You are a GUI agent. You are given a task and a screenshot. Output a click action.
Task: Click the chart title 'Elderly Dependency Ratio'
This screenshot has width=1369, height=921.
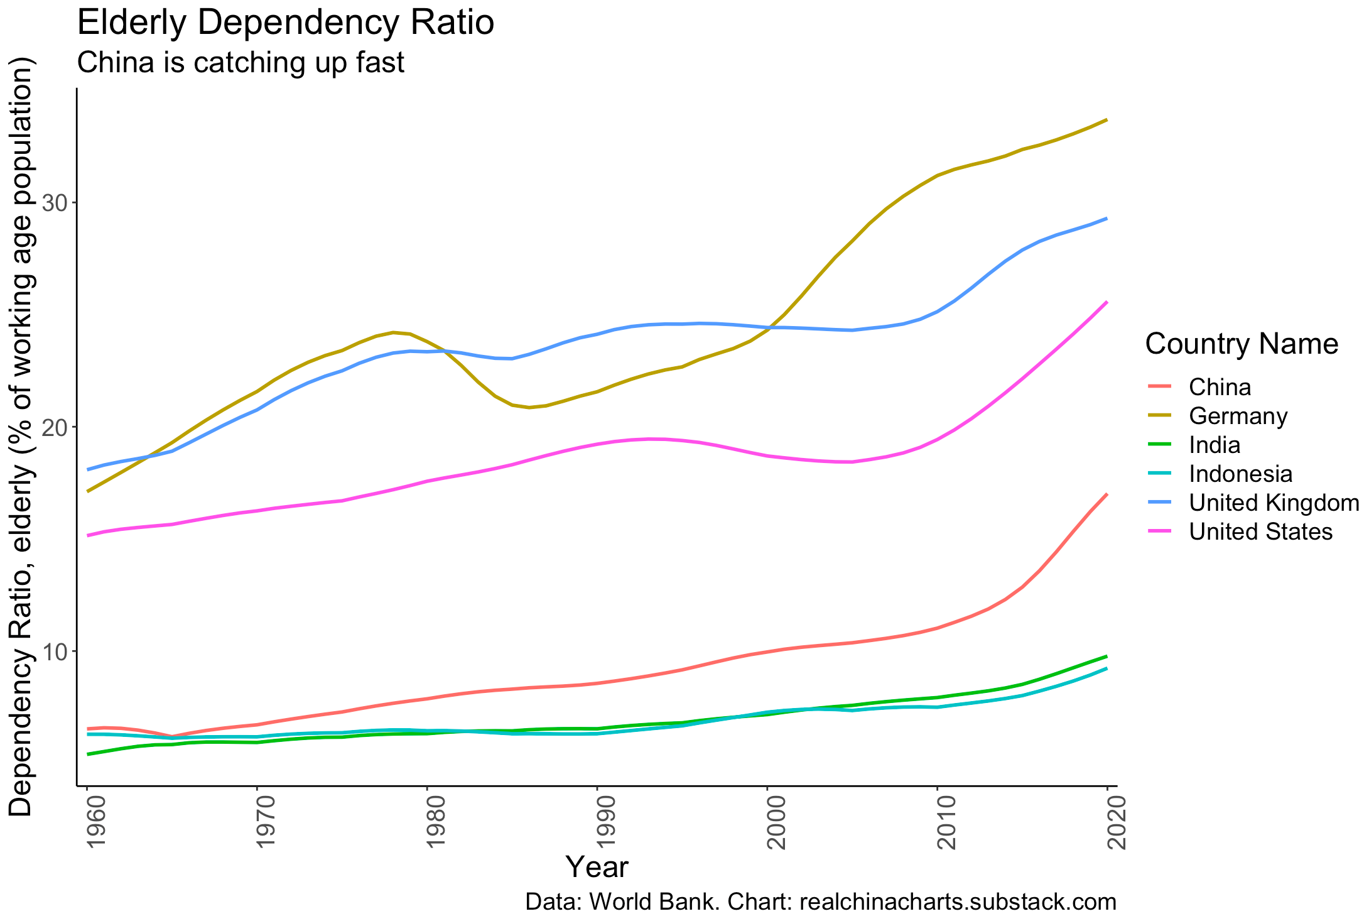pyautogui.click(x=285, y=24)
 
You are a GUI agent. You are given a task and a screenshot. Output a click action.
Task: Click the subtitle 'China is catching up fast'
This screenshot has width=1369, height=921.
pyautogui.click(x=241, y=63)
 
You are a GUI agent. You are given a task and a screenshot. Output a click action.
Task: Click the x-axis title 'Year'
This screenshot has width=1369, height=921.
pyautogui.click(x=597, y=868)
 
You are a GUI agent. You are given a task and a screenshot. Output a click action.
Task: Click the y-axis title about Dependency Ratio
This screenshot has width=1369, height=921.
pyautogui.click(x=22, y=437)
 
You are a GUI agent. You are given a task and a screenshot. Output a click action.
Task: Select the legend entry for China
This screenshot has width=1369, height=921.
pyautogui.click(x=1220, y=387)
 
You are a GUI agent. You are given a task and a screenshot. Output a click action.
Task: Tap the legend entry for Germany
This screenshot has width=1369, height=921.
pyautogui.click(x=1238, y=416)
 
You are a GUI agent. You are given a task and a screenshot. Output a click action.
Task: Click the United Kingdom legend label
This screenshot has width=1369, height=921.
pyautogui.click(x=1274, y=503)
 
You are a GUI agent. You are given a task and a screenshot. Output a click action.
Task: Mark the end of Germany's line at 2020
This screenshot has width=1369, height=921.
pyautogui.click(x=1107, y=119)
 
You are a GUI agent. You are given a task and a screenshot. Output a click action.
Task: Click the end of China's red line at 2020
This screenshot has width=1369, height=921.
pyautogui.click(x=1107, y=494)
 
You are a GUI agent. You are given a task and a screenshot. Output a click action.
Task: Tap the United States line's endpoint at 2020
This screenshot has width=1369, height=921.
pyautogui.click(x=1107, y=302)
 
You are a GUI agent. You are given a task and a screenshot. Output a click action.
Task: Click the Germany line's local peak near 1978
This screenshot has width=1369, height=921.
pyautogui.click(x=393, y=332)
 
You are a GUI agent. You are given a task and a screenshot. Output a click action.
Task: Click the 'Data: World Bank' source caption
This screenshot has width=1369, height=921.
pyautogui.click(x=820, y=902)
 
